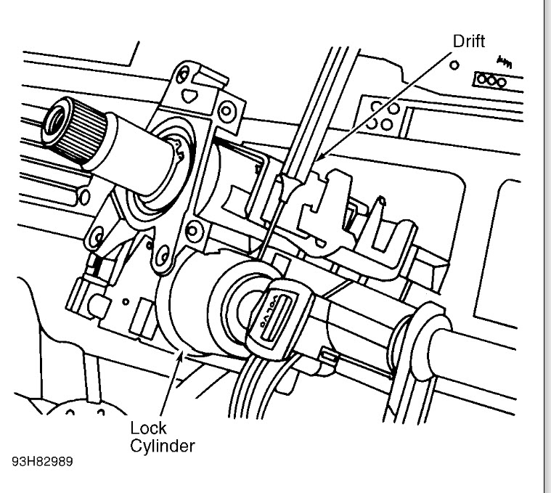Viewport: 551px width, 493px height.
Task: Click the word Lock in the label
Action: (x=144, y=428)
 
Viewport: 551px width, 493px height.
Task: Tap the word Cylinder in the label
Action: (x=162, y=445)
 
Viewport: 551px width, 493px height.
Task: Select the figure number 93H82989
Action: (x=41, y=462)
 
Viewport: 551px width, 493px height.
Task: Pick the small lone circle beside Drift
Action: (x=455, y=65)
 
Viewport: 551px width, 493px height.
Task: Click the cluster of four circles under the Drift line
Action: (x=380, y=116)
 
